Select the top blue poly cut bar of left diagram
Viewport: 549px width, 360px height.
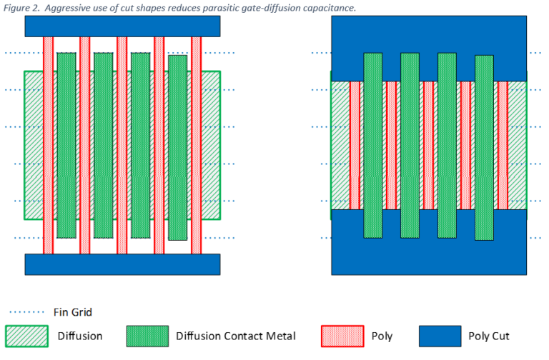122,26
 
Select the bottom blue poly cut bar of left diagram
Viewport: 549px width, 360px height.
122,264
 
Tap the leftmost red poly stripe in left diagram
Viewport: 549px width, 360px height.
48,143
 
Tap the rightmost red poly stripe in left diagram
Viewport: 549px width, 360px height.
197,143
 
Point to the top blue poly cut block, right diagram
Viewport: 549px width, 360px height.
429,36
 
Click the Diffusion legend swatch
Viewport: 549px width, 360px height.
26,336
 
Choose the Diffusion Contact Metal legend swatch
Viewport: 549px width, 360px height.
147,336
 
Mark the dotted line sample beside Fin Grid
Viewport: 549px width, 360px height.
26,312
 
